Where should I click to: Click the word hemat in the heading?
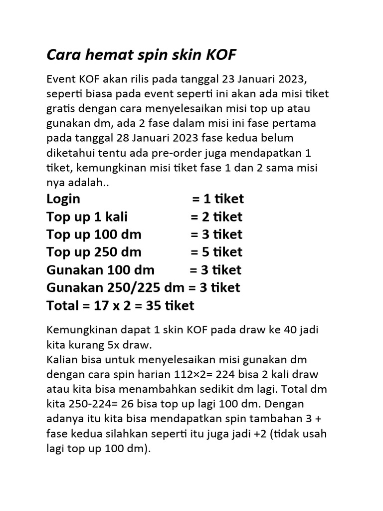(107, 55)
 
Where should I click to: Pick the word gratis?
(59, 108)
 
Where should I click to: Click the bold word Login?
(63, 199)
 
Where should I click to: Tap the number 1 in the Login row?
(207, 199)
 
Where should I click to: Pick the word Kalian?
(61, 359)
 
